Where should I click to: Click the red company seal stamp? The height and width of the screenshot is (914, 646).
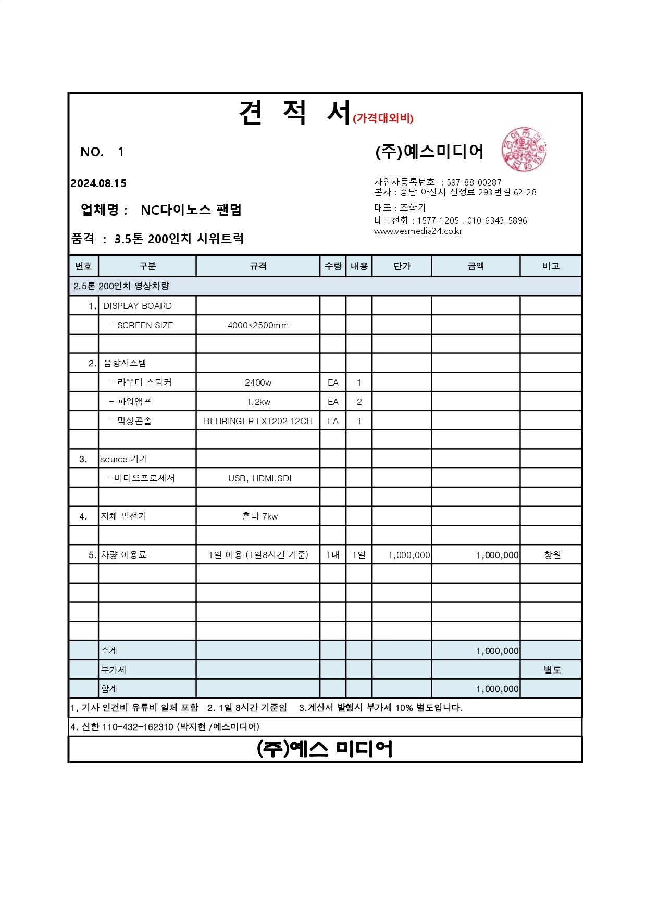point(524,150)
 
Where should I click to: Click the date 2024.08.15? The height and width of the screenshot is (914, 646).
point(98,183)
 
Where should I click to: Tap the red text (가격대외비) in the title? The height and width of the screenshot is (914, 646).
point(383,118)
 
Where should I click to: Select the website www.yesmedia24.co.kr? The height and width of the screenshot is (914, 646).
point(418,231)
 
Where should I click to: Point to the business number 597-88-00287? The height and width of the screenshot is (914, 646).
point(474,182)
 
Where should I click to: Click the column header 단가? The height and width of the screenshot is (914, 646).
point(402,266)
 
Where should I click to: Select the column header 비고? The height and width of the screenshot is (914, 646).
point(551,266)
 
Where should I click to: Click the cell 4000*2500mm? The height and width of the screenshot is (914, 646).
point(258,325)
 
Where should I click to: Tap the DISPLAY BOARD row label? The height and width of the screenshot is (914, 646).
point(138,306)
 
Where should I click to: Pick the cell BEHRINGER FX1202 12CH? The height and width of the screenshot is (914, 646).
point(258,421)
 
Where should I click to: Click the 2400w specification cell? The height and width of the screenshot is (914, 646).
point(258,382)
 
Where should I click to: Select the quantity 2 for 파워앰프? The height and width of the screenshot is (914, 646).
point(359,402)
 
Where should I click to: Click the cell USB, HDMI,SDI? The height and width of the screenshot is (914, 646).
point(259,478)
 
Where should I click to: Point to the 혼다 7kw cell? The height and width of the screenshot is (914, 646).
point(259,516)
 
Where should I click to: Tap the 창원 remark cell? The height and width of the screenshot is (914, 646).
point(552,555)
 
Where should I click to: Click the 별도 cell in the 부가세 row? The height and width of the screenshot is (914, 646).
point(552,670)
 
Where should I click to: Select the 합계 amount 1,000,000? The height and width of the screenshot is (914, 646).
point(497,689)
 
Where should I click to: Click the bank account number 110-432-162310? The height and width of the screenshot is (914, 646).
point(138,727)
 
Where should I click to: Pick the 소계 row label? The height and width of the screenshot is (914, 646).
point(109,651)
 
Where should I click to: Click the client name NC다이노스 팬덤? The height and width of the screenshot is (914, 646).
point(191,210)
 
